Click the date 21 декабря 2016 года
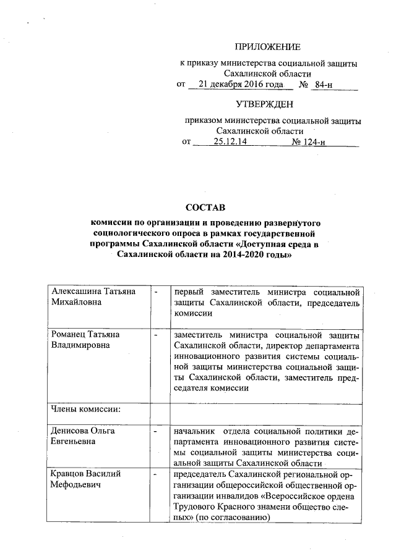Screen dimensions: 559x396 tap(238, 84)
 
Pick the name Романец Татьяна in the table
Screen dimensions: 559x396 tap(85, 334)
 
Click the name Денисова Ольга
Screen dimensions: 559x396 tap(84, 431)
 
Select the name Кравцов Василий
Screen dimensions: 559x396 tap(85, 474)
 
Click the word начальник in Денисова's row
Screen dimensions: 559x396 tap(194, 431)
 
